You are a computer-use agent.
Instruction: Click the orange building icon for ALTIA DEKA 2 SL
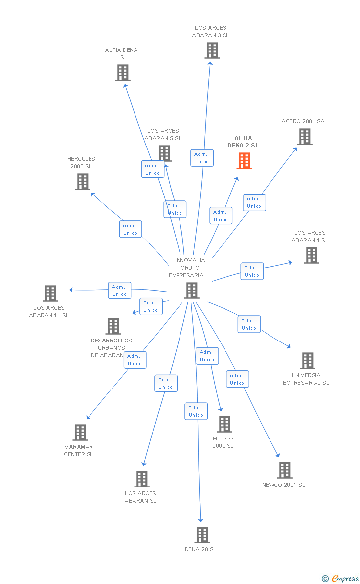point(244,161)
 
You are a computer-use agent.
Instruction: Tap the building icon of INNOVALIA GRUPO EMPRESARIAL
point(192,291)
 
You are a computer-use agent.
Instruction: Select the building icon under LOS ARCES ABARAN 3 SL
point(212,50)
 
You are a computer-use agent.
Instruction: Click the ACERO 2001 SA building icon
point(305,137)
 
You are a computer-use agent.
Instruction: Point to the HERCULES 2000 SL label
point(81,163)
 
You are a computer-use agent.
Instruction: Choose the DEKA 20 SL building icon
point(203,535)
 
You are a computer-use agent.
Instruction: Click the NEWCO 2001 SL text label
point(284,485)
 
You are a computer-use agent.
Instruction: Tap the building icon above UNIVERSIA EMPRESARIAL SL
point(308,360)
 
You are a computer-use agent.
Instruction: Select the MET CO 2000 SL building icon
point(225,424)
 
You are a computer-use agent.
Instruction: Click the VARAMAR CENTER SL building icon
point(80,433)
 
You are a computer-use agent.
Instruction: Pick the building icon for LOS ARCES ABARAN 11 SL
point(50,293)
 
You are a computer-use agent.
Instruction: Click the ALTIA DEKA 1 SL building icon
point(123,73)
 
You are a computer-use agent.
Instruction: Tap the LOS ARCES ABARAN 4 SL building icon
point(312,255)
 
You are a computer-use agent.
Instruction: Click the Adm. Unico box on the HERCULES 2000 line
point(130,229)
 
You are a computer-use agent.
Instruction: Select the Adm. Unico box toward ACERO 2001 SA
point(254,202)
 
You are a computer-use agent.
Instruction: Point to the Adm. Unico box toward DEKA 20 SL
point(196,411)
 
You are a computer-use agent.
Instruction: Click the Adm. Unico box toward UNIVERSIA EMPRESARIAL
point(249,324)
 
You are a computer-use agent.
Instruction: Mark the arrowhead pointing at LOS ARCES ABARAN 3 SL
point(210,64)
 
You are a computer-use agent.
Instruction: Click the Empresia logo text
point(345,578)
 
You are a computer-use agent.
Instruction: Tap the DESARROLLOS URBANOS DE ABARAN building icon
point(114,326)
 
